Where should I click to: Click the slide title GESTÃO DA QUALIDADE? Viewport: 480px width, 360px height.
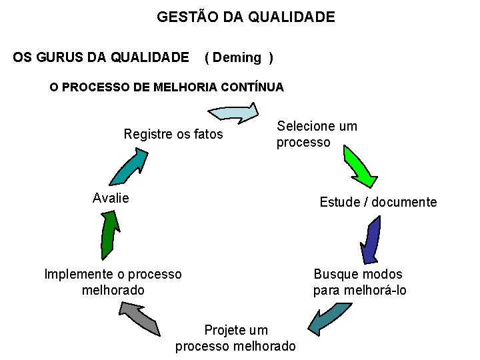pyautogui.click(x=246, y=17)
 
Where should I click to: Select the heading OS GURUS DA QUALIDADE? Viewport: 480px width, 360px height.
pyautogui.click(x=101, y=58)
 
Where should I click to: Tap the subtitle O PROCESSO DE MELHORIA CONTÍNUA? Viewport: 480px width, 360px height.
pyautogui.click(x=167, y=87)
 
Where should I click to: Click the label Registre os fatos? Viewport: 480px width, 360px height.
pyautogui.click(x=173, y=135)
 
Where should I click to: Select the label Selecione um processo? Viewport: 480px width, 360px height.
pyautogui.click(x=317, y=134)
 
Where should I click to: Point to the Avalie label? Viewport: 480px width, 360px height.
pyautogui.click(x=111, y=198)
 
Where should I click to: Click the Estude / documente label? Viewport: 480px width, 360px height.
pyautogui.click(x=378, y=202)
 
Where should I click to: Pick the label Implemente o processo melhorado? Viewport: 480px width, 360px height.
pyautogui.click(x=113, y=282)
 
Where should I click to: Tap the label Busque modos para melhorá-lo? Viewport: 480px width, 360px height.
pyautogui.click(x=359, y=282)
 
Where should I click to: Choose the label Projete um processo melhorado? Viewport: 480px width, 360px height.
pyautogui.click(x=235, y=338)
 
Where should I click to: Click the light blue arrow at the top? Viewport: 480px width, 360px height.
pyautogui.click(x=236, y=112)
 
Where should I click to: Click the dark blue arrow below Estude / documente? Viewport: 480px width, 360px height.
pyautogui.click(x=370, y=240)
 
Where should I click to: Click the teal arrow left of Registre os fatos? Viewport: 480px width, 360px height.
pyautogui.click(x=128, y=166)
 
